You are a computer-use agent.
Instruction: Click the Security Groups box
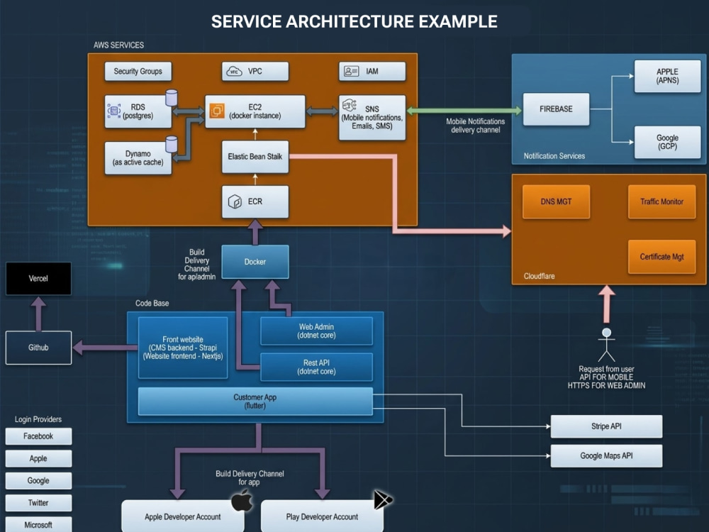(x=138, y=72)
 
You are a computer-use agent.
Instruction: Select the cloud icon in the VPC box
(x=234, y=72)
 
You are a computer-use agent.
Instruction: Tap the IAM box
(x=372, y=72)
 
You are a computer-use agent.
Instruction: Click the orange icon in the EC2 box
(x=217, y=111)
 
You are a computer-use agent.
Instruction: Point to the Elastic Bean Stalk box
(x=255, y=157)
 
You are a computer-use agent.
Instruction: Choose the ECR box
(x=255, y=201)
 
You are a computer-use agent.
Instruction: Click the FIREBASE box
(x=556, y=109)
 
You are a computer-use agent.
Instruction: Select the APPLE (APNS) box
(x=667, y=76)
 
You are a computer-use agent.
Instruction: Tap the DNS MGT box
(x=556, y=201)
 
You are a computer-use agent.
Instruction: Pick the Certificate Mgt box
(x=662, y=257)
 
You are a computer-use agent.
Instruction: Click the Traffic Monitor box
(x=662, y=201)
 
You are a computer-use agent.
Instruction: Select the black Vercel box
(x=38, y=279)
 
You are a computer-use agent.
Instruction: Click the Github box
(x=38, y=348)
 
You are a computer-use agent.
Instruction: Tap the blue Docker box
(x=255, y=262)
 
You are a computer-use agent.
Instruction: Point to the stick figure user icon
(x=606, y=345)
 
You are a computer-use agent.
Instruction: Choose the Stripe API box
(x=606, y=426)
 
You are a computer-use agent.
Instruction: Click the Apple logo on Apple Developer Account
(x=242, y=500)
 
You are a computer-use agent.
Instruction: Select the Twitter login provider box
(x=38, y=503)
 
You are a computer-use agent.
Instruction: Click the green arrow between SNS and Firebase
(x=464, y=111)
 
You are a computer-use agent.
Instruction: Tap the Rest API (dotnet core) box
(x=316, y=367)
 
